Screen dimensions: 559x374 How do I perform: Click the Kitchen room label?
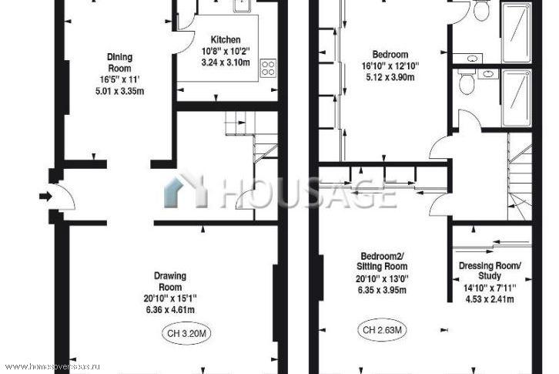226,39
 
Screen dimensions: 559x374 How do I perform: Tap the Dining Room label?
120,62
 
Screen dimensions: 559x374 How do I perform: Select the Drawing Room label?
170,281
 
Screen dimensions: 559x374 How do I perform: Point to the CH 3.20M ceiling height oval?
187,334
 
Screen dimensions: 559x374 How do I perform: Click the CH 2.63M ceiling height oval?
382,330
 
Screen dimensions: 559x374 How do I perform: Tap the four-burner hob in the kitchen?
269,68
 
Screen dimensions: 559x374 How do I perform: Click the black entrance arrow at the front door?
45,196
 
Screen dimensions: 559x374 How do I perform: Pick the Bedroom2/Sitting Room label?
382,261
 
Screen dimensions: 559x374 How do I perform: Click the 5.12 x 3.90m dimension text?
390,77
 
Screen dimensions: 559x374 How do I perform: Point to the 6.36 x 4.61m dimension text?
170,310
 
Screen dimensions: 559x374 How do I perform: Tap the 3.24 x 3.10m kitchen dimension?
226,62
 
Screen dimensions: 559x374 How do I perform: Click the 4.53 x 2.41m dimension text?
490,299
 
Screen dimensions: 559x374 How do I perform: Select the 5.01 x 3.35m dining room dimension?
120,91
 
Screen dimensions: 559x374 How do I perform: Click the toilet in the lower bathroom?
466,82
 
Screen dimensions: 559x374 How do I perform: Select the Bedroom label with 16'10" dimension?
390,55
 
